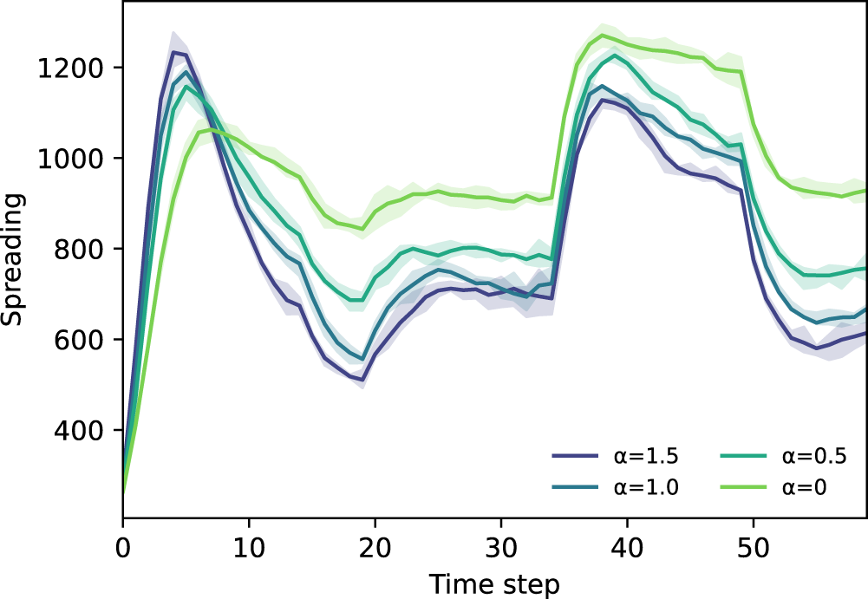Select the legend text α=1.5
pos(644,456)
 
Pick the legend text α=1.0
pos(644,487)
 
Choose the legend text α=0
pos(804,487)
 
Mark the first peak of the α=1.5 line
pos(173,52)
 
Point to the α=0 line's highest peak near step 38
pos(601,35)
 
